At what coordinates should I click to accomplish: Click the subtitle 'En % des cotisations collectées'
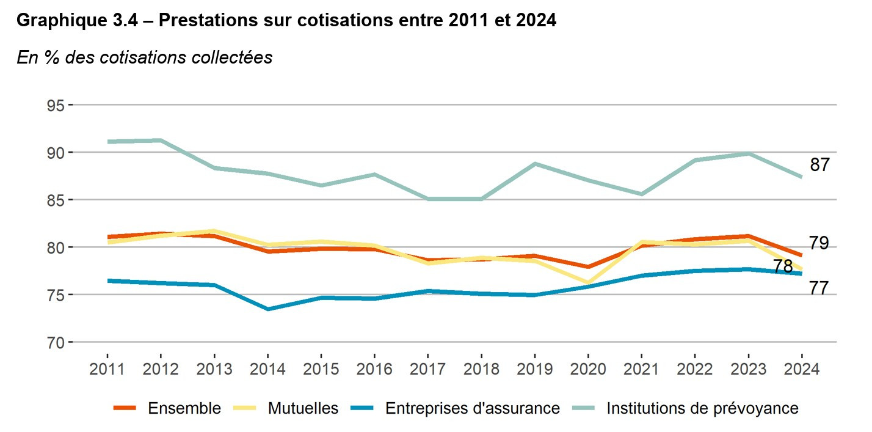coord(144,57)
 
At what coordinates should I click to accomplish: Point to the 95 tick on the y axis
coord(56,105)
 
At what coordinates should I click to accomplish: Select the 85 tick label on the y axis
coord(56,200)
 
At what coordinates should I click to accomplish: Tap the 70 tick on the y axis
coord(56,342)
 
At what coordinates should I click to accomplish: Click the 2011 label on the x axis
coord(107,370)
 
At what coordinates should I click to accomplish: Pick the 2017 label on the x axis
coord(427,370)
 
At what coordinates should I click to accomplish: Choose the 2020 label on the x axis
coord(587,370)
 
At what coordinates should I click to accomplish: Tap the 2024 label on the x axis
coord(801,370)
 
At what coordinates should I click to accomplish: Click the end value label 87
coord(819,165)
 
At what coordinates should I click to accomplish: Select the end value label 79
coord(819,243)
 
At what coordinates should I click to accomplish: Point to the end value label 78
coord(783,267)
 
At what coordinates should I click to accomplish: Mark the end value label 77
coord(819,288)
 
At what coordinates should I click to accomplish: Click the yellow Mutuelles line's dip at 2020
coord(587,284)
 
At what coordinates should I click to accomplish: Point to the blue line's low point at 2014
coord(267,309)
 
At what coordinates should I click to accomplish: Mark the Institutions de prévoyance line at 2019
coord(534,164)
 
